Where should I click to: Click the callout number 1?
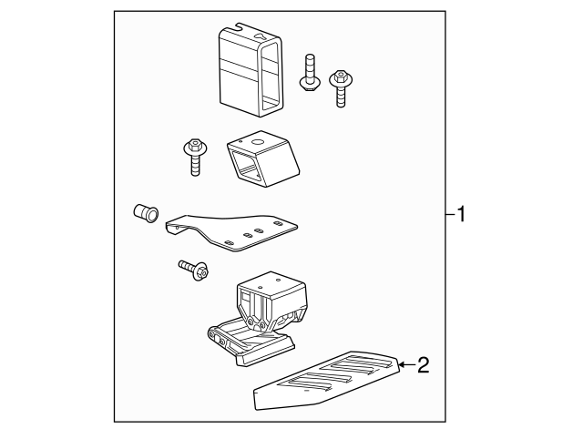pos(461,214)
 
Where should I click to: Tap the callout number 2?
pos(423,365)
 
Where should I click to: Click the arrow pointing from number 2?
pos(407,365)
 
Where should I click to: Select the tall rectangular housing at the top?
pos(251,70)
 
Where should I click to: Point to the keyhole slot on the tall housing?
pos(261,36)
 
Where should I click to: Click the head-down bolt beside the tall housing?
pos(309,73)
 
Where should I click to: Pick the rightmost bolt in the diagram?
pos(341,87)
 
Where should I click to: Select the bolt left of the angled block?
pos(194,157)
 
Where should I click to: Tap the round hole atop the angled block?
pos(257,142)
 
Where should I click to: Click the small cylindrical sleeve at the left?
pos(146,213)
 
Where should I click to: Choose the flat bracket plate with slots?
pos(230,232)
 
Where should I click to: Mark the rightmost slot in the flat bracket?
pos(277,223)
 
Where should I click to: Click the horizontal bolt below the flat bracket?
pos(193,269)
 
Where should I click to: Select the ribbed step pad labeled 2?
pos(326,380)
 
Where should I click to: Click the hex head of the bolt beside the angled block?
pos(194,144)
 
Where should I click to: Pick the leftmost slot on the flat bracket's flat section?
pos(230,242)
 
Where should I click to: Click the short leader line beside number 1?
pos(451,214)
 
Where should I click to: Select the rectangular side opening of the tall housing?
pos(271,77)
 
